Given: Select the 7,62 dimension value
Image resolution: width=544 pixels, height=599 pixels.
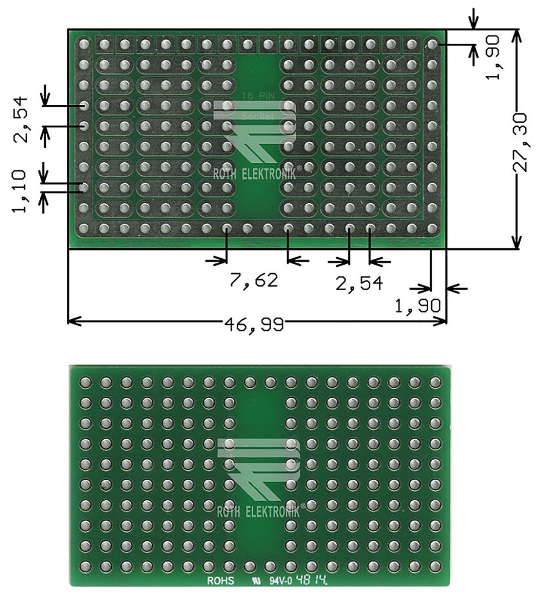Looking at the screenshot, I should tap(254, 280).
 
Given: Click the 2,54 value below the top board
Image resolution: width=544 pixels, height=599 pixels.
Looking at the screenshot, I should tap(359, 284).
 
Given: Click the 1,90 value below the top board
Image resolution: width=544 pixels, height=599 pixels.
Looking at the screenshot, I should tap(418, 305).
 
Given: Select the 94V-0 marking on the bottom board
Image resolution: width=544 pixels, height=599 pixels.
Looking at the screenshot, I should tap(281, 581).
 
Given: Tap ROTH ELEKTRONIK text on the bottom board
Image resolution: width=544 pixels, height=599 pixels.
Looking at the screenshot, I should tap(258, 512).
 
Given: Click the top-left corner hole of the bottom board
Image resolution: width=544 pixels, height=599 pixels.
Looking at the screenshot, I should tap(85, 383).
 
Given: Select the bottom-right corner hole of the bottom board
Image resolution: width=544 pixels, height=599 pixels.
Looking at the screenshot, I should tap(436, 567).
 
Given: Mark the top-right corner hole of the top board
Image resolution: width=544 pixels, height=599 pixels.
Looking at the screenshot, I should tap(432, 44).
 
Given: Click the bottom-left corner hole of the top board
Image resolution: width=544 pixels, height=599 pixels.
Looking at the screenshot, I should tap(83, 228).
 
